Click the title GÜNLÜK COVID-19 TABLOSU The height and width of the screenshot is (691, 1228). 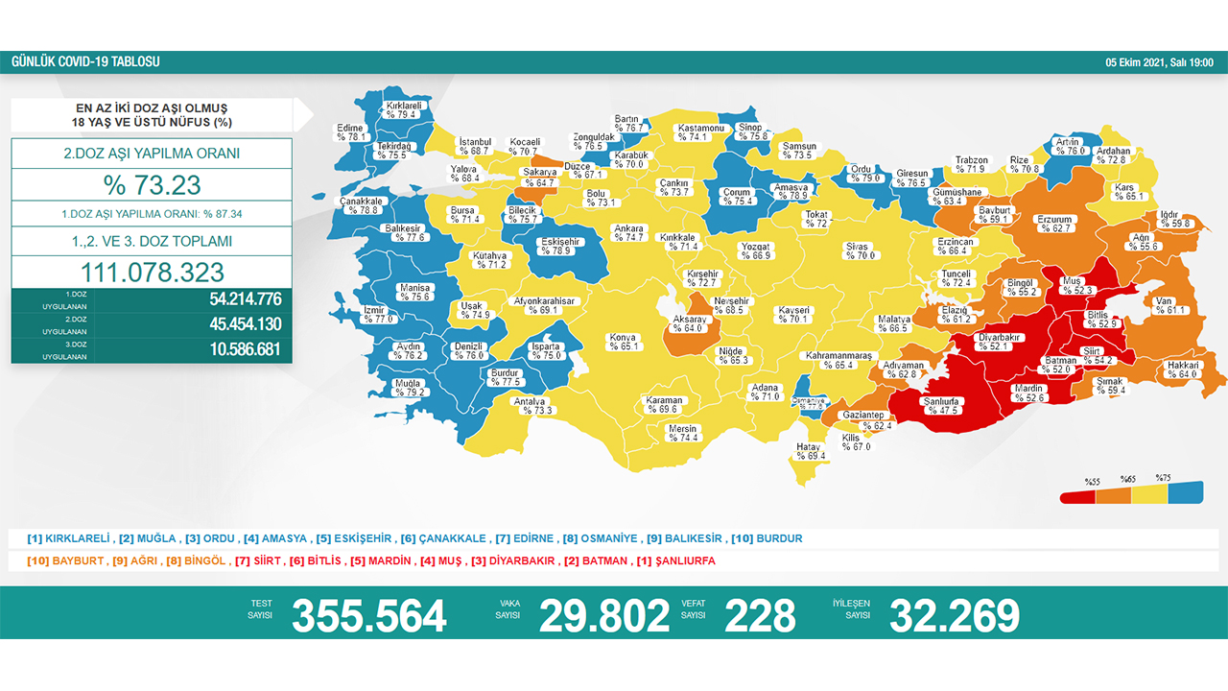[85, 62]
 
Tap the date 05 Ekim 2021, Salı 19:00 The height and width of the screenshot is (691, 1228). [1159, 62]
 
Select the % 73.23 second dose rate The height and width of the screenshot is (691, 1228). [152, 184]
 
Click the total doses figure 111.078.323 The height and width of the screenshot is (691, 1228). [152, 272]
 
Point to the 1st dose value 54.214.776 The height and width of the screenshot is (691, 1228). [245, 299]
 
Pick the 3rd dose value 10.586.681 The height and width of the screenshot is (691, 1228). [245, 349]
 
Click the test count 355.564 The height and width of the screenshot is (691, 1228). [368, 615]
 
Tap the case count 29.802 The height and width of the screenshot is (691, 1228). [603, 615]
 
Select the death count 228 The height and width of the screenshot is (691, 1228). [760, 615]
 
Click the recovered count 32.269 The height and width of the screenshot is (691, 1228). [954, 615]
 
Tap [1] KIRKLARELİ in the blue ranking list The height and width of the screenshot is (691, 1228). [69, 538]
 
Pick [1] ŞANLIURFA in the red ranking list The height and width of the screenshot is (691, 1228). [676, 560]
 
